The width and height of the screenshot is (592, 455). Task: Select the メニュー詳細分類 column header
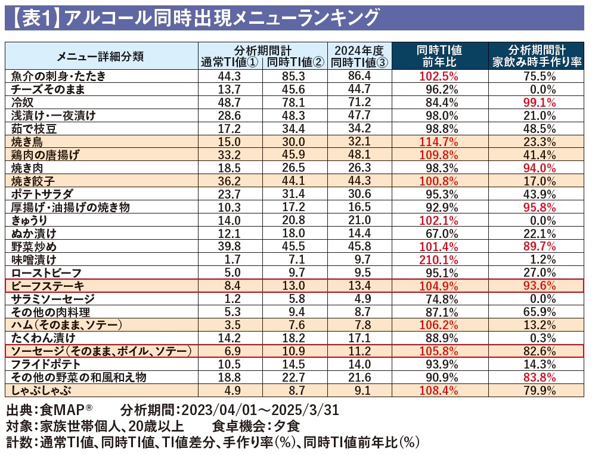[100, 57]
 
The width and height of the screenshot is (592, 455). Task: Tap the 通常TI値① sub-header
[230, 62]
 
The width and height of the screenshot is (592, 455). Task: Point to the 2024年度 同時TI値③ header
[359, 56]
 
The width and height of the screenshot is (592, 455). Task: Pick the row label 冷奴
[23, 102]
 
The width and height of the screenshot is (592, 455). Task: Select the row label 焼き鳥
[27, 141]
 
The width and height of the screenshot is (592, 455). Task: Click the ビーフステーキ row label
[48, 286]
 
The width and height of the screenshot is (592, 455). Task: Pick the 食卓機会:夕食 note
[255, 426]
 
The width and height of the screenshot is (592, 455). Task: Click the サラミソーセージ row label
[53, 299]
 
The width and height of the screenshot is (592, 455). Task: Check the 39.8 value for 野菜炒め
[230, 246]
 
